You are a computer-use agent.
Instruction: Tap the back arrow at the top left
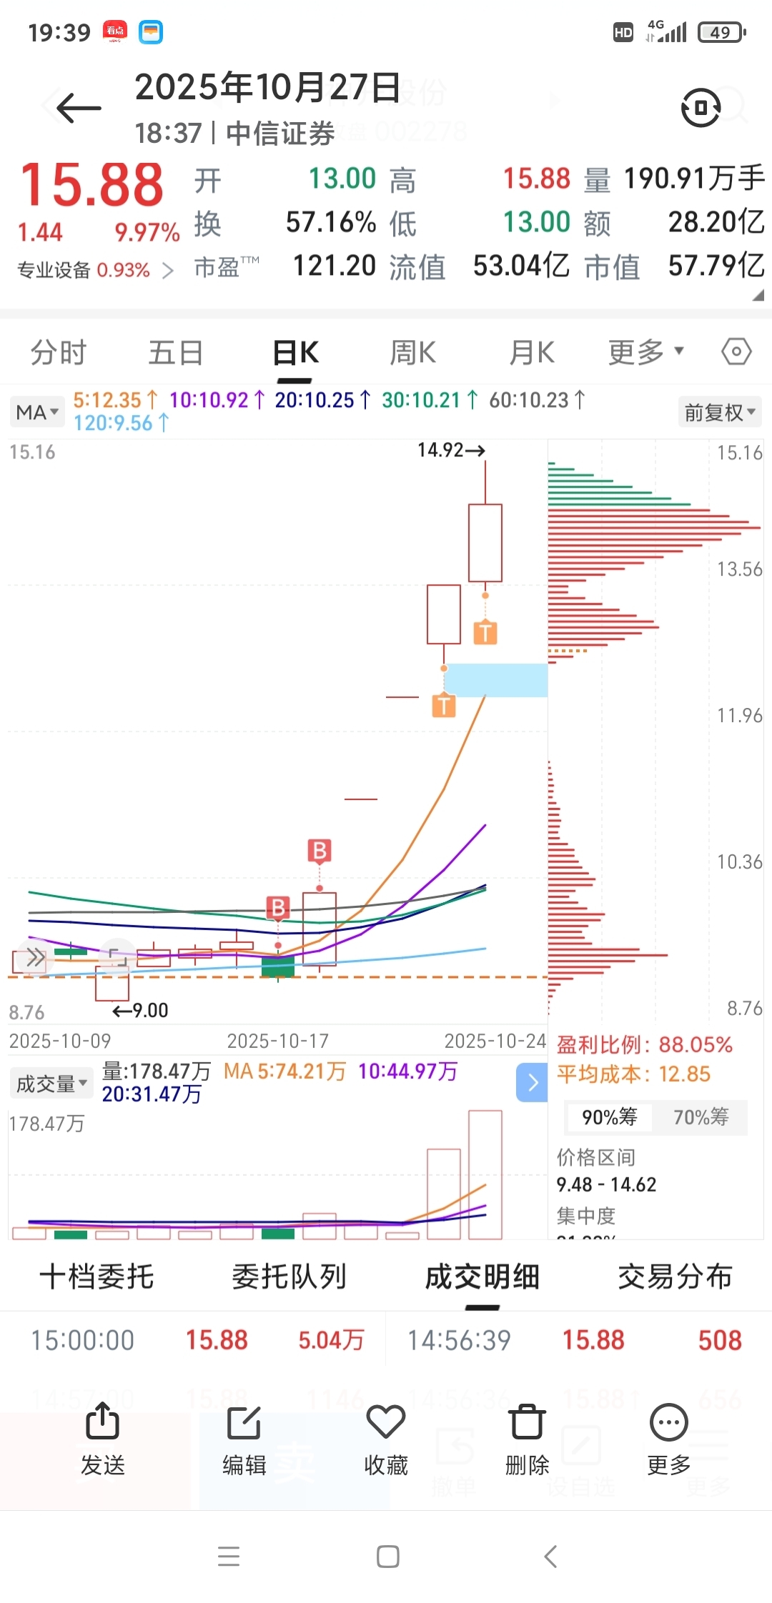pyautogui.click(x=79, y=109)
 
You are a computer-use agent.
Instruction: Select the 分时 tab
pyautogui.click(x=58, y=353)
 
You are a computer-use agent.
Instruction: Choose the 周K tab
pyautogui.click(x=412, y=353)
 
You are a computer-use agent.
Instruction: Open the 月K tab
pyautogui.click(x=531, y=353)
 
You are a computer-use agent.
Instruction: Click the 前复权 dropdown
pyautogui.click(x=719, y=412)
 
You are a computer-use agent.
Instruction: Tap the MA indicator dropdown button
pyautogui.click(x=37, y=412)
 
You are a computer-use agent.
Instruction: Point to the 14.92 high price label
pyautogui.click(x=450, y=450)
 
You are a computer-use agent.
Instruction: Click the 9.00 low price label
pyautogui.click(x=142, y=1010)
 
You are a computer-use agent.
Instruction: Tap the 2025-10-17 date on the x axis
pyautogui.click(x=277, y=1041)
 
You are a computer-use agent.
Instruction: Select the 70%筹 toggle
pyautogui.click(x=701, y=1117)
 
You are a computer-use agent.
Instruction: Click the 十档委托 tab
pyautogui.click(x=96, y=1277)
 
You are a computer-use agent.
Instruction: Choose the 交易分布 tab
pyautogui.click(x=675, y=1277)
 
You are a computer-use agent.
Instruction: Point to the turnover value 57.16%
pyautogui.click(x=331, y=222)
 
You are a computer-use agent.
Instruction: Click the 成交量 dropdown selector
pyautogui.click(x=51, y=1084)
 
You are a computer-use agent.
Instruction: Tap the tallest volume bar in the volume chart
pyautogui.click(x=485, y=1174)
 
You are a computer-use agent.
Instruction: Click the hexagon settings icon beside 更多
pyautogui.click(x=736, y=351)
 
